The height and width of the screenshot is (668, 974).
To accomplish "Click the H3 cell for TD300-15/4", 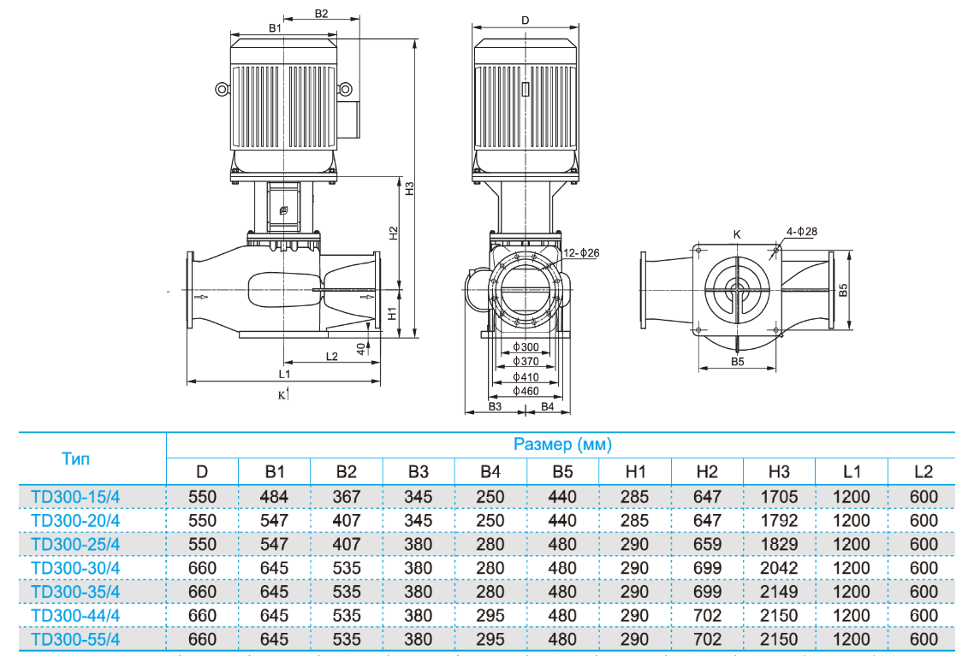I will click(x=779, y=496).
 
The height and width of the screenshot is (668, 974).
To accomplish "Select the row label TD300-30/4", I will click(x=75, y=568).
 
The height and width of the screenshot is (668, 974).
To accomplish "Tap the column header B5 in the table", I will click(x=562, y=471).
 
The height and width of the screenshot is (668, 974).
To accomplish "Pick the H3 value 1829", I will click(x=779, y=544).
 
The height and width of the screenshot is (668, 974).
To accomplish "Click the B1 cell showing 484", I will click(x=275, y=496).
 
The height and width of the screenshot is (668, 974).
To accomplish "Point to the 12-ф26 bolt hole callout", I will click(x=582, y=252).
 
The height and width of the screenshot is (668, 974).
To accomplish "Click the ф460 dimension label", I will click(x=526, y=391).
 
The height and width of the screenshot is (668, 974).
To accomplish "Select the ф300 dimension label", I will click(x=526, y=347).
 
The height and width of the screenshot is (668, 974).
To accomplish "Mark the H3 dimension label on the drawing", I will click(x=410, y=187).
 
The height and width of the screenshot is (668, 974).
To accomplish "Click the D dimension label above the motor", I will click(x=526, y=20).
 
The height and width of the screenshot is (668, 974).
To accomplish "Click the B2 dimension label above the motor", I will click(x=321, y=14).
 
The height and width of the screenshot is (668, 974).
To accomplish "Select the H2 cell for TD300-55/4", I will click(x=707, y=639).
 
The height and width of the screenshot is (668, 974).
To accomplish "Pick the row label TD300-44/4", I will click(x=75, y=615).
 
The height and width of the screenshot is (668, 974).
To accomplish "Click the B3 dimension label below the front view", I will click(x=495, y=406).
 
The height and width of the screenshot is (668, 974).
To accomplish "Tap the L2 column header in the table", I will click(x=923, y=471).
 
